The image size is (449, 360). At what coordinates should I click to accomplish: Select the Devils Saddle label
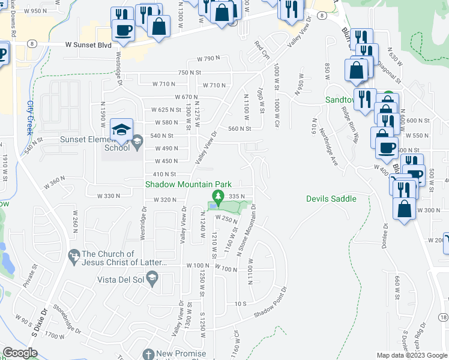(x=331, y=199)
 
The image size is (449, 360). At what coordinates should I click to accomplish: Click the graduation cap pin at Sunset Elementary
(x=121, y=130)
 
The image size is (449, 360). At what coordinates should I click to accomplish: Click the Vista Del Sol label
(x=122, y=280)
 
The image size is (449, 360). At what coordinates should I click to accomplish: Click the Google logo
(x=20, y=353)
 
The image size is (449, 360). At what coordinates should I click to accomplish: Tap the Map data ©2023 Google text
(x=411, y=355)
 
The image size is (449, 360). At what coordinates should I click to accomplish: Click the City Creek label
(x=30, y=116)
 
